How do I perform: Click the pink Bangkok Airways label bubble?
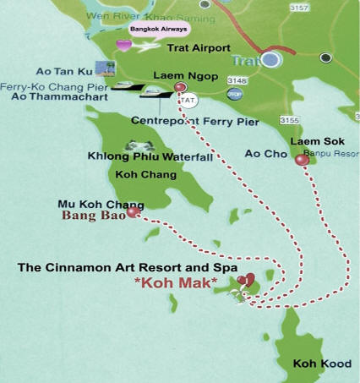pos(160,29)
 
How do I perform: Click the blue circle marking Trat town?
pos(270,59)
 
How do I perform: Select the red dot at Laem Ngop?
pos(179,87)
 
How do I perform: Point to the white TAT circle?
pos(189,100)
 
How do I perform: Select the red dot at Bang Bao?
pos(131,213)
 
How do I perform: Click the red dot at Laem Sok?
pos(301,160)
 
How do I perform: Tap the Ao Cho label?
pos(259,153)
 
